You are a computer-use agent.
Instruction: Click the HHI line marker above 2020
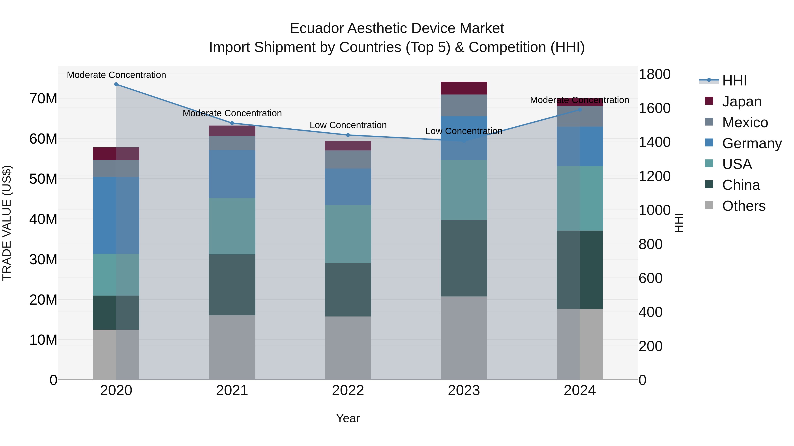click(116, 84)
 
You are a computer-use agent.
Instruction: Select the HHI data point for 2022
click(348, 135)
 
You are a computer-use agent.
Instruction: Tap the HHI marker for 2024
click(580, 110)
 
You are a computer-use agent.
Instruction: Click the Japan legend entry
click(741, 102)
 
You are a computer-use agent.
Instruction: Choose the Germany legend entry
click(751, 143)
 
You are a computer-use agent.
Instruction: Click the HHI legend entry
click(734, 81)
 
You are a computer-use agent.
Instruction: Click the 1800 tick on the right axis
click(654, 74)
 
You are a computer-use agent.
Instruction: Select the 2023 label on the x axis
click(464, 390)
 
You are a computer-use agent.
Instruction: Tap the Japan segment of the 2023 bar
click(464, 88)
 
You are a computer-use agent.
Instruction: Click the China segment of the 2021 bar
click(232, 285)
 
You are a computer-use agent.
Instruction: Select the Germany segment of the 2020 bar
click(116, 215)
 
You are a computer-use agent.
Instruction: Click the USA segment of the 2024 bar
click(580, 198)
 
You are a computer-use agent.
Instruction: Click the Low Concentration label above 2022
click(348, 125)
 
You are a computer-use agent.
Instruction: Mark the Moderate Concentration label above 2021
click(232, 113)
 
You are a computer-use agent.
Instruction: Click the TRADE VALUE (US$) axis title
click(7, 223)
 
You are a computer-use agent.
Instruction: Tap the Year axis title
click(348, 418)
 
